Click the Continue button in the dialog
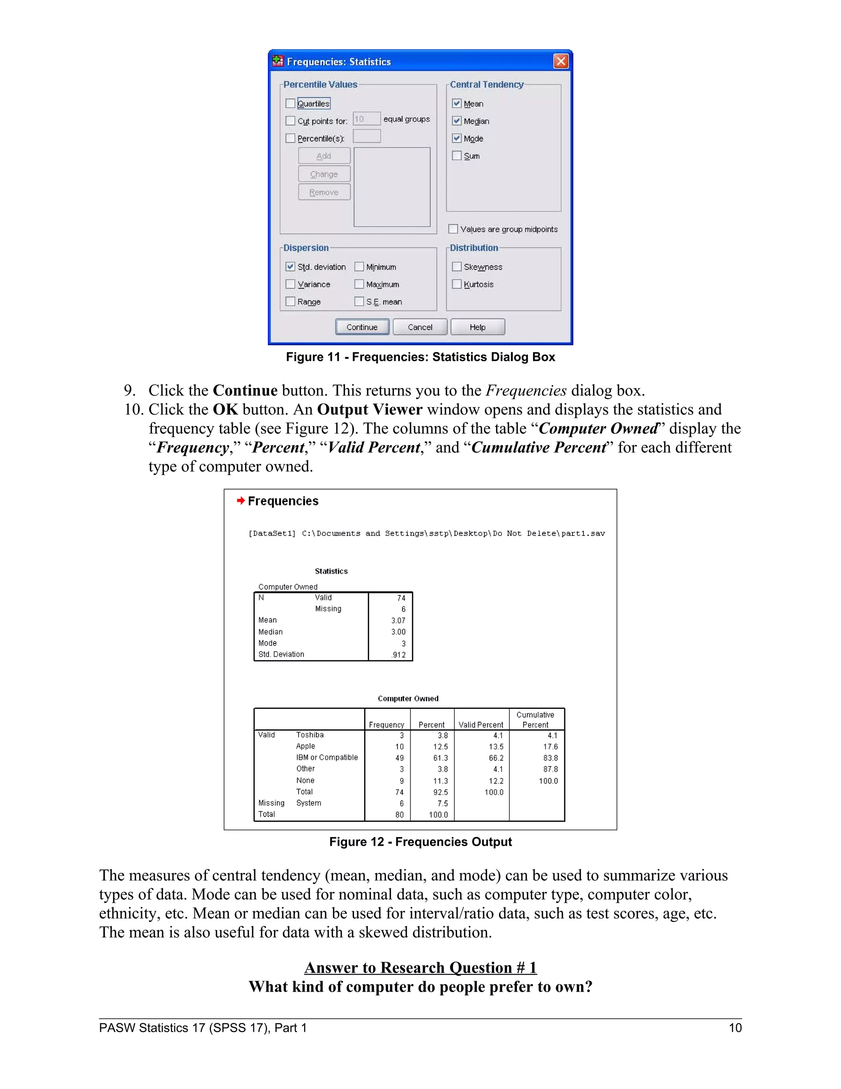pyautogui.click(x=362, y=327)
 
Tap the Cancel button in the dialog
pyautogui.click(x=420, y=327)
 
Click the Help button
pyautogui.click(x=477, y=327)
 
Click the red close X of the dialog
pyautogui.click(x=561, y=61)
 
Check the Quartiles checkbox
pyautogui.click(x=290, y=104)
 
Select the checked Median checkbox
pyautogui.click(x=456, y=121)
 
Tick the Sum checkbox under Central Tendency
pyautogui.click(x=456, y=156)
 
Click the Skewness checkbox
pyautogui.click(x=456, y=267)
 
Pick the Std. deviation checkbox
pyautogui.click(x=290, y=267)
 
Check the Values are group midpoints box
pyautogui.click(x=453, y=229)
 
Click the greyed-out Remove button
pyautogui.click(x=324, y=192)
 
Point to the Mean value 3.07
pyautogui.click(x=398, y=620)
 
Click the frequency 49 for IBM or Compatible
pyautogui.click(x=399, y=758)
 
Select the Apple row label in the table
pyautogui.click(x=306, y=746)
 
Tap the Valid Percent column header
pyautogui.click(x=481, y=724)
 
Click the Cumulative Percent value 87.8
pyautogui.click(x=550, y=769)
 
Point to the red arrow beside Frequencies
pyautogui.click(x=241, y=501)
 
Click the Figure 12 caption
pyautogui.click(x=420, y=842)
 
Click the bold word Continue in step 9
pyautogui.click(x=245, y=390)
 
